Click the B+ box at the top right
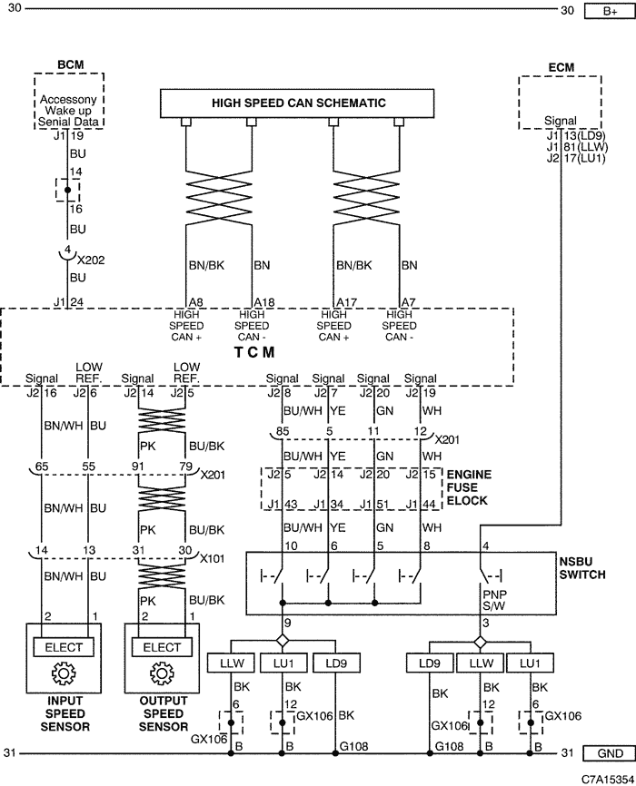click(x=610, y=11)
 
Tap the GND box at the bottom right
click(x=610, y=753)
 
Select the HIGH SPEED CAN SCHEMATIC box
click(x=297, y=103)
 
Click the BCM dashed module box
click(x=69, y=101)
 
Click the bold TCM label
click(x=254, y=352)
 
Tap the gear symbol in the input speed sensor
click(x=64, y=673)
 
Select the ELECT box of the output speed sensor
click(x=162, y=647)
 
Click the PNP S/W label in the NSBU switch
click(x=494, y=600)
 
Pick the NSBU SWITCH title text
click(x=582, y=568)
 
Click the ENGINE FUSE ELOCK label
click(x=467, y=487)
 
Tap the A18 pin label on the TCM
click(x=264, y=302)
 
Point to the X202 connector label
click(x=91, y=260)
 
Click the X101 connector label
click(x=212, y=558)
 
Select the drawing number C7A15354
click(x=608, y=780)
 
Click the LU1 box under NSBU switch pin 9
click(x=283, y=663)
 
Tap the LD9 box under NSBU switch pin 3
click(x=429, y=663)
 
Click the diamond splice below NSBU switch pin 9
click(x=283, y=641)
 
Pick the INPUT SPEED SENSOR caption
click(x=65, y=713)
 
